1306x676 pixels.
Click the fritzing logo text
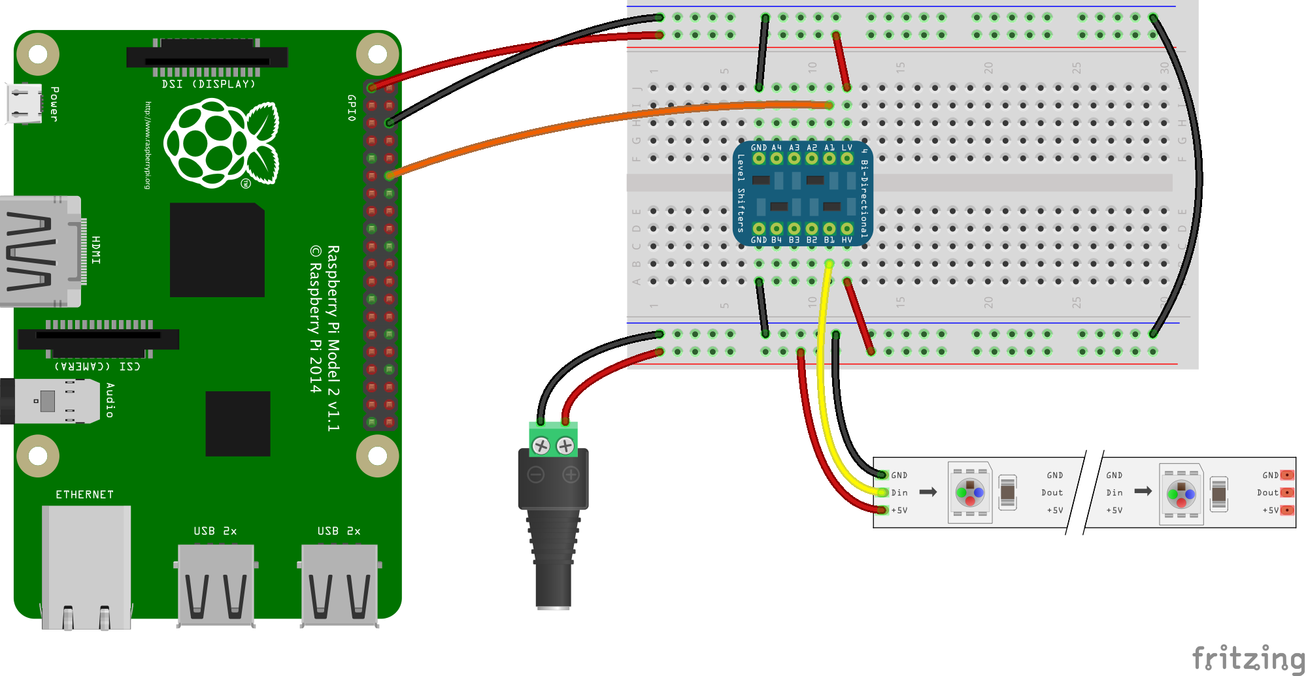coord(1247,657)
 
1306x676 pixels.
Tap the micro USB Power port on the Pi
coord(24,104)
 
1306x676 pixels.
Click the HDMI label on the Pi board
coord(96,250)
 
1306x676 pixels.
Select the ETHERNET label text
coord(84,494)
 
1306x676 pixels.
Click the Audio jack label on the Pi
coord(110,400)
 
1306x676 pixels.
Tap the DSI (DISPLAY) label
coord(209,84)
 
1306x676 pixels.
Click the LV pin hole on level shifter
coord(847,158)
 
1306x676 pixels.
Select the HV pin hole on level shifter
coord(847,229)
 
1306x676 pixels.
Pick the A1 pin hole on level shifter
coord(829,158)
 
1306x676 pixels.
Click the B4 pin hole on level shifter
coord(777,229)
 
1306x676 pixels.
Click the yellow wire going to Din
coord(821,392)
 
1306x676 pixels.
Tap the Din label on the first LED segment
coord(899,492)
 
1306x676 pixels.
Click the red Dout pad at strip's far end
coord(1287,492)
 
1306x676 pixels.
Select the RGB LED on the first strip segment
coord(970,492)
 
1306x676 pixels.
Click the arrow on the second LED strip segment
coord(1143,491)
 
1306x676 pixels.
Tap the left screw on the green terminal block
coord(541,446)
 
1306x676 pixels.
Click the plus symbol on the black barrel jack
coord(571,475)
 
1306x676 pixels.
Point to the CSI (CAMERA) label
coord(97,366)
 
